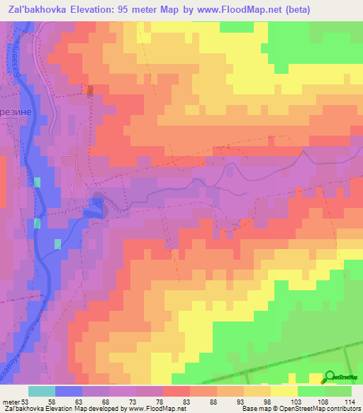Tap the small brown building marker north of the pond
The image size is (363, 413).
pyautogui.click(x=89, y=90)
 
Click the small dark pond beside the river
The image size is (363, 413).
pyautogui.click(x=94, y=206)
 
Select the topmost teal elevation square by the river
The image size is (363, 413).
pyautogui.click(x=37, y=182)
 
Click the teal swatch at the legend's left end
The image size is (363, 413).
pyautogui.click(x=42, y=391)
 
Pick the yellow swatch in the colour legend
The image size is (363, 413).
pyautogui.click(x=284, y=391)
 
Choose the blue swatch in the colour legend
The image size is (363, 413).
pyautogui.click(x=69, y=391)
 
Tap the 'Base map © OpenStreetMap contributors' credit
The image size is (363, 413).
pyautogui.click(x=301, y=409)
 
